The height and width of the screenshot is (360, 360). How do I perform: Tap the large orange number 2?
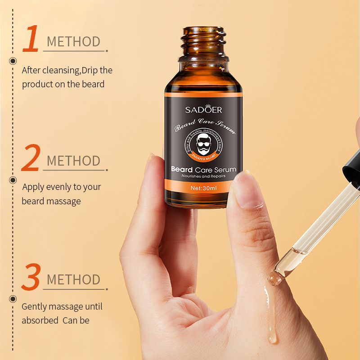point(31,158)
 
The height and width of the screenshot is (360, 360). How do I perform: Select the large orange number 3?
point(31,277)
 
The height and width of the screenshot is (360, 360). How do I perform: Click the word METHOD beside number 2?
point(73,161)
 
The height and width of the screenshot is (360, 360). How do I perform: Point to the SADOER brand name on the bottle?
point(203,110)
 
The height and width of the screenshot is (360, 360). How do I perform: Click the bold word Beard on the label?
point(182,170)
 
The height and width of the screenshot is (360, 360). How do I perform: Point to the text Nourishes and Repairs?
point(203,176)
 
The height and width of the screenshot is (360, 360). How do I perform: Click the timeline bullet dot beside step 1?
point(13,61)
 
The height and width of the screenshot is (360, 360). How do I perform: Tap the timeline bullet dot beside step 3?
point(13,299)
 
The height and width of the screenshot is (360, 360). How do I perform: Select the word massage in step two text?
point(64,201)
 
